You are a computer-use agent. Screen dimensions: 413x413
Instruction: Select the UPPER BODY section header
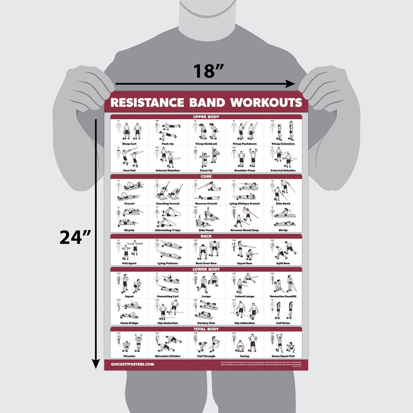click(x=206, y=117)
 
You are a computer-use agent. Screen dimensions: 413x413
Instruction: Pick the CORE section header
click(x=206, y=177)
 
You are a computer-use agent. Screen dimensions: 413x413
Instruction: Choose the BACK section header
click(x=206, y=236)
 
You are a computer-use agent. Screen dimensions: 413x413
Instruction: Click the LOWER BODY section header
click(x=206, y=269)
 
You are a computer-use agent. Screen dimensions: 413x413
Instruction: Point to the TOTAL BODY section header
click(x=206, y=329)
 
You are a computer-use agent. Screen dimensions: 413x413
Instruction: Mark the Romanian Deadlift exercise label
click(x=283, y=296)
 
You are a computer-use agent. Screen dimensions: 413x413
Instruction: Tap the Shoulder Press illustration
click(x=244, y=157)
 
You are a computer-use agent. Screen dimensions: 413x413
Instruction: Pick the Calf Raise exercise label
click(x=283, y=323)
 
